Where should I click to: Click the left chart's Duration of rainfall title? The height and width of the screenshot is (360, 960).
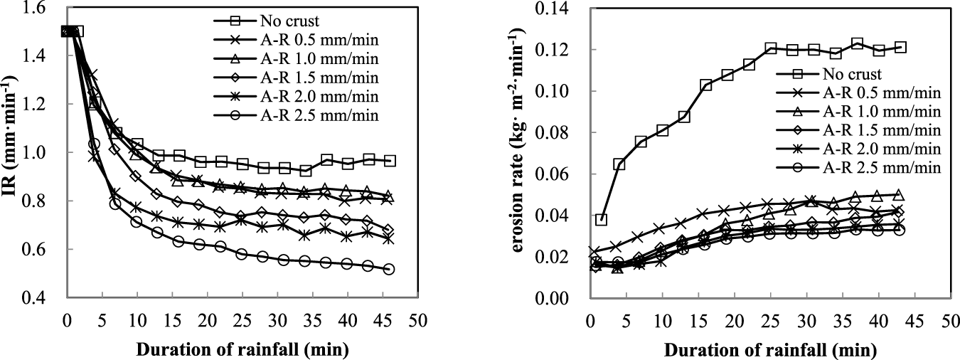click(242, 350)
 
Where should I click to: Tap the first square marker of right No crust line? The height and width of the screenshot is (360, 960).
click(601, 219)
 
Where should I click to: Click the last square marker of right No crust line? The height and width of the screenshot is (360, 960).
click(900, 47)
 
